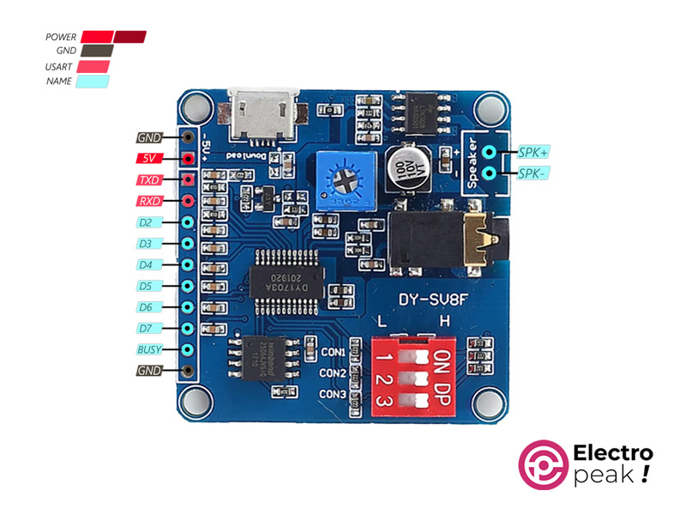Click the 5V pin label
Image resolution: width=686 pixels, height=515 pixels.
click(148, 158)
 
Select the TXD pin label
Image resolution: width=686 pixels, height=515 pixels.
click(148, 179)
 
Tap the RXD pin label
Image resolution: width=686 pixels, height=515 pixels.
click(148, 201)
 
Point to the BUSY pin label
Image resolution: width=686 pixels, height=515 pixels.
click(148, 349)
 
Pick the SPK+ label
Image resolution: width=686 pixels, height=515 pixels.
click(533, 152)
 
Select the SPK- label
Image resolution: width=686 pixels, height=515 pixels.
click(533, 173)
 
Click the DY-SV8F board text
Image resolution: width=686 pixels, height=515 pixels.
click(434, 300)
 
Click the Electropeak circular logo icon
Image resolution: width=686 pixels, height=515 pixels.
click(543, 465)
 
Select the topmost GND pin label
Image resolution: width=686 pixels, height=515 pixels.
click(148, 137)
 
